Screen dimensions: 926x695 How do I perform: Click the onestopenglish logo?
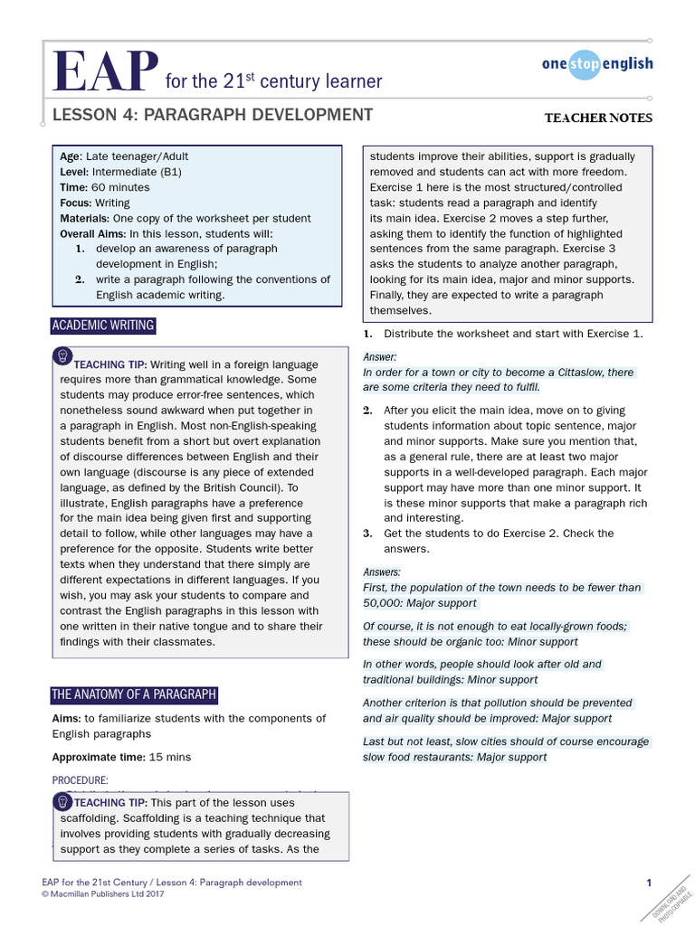click(596, 63)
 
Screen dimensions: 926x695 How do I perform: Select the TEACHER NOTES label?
click(597, 118)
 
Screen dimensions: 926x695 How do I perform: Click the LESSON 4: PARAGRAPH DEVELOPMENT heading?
click(212, 115)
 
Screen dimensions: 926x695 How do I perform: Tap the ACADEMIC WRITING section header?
click(103, 326)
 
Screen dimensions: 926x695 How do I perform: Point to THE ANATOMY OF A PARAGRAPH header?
click(134, 694)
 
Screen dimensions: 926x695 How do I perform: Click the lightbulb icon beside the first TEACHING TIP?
click(63, 353)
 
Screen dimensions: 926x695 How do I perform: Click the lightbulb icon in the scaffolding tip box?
click(63, 800)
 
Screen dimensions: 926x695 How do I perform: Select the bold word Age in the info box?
click(71, 156)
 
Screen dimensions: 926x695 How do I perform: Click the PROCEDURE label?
click(80, 780)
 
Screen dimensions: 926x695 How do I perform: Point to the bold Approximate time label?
click(98, 757)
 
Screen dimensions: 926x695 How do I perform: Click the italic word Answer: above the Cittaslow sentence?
click(379, 357)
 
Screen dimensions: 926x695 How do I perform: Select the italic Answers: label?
click(382, 572)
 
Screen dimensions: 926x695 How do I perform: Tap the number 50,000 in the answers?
click(383, 602)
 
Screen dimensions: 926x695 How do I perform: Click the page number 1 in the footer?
click(649, 883)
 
